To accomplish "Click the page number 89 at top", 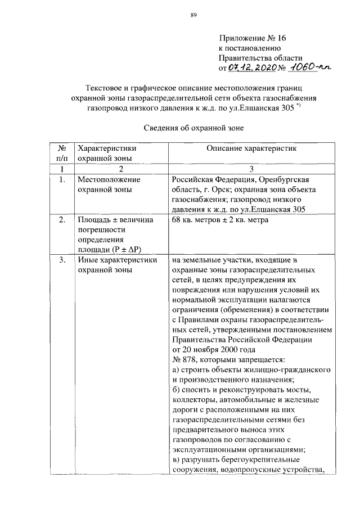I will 192,15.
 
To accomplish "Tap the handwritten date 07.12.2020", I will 251,67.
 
